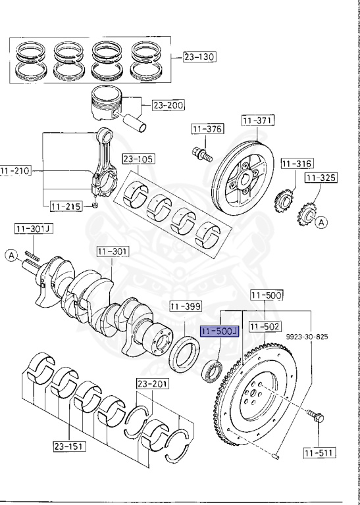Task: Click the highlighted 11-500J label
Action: tap(219, 331)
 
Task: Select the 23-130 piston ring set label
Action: tap(199, 57)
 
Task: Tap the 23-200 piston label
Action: tap(168, 105)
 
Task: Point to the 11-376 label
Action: tap(207, 129)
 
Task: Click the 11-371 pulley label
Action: tap(257, 120)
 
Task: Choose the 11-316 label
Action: tap(297, 164)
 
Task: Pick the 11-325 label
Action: tap(321, 178)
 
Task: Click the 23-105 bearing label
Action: tap(138, 158)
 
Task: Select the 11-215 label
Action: tap(66, 206)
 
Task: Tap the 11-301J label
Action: tap(34, 229)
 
